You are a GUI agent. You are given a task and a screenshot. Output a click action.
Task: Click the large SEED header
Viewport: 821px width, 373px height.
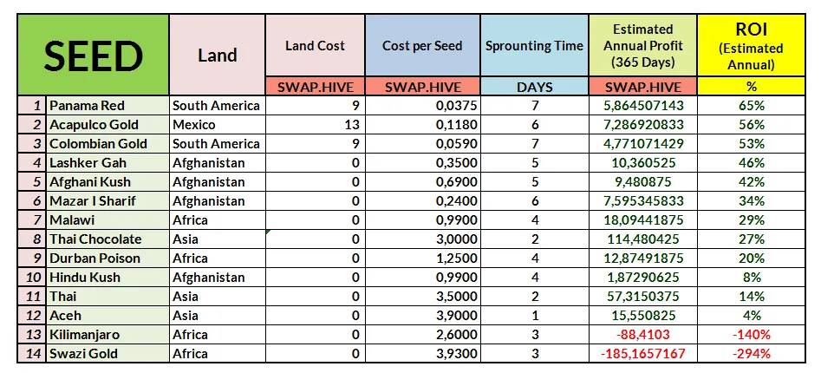[93, 56]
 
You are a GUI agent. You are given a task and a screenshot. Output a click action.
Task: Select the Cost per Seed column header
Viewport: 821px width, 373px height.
[422, 46]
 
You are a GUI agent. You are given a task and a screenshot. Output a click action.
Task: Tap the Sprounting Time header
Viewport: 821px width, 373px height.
[534, 46]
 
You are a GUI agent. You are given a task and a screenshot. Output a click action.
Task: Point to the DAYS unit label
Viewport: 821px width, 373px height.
[534, 87]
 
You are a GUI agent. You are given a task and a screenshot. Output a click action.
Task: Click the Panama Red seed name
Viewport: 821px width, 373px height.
[87, 106]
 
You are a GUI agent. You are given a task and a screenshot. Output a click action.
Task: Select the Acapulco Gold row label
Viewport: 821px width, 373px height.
[94, 125]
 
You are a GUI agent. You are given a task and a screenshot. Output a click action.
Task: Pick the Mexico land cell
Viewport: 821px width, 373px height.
[194, 125]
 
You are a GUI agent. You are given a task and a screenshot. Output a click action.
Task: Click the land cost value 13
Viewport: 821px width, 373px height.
[352, 125]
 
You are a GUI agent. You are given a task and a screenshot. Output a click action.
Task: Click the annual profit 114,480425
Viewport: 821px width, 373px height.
[642, 239]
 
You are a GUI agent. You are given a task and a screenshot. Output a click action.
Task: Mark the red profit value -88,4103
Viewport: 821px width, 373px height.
[642, 335]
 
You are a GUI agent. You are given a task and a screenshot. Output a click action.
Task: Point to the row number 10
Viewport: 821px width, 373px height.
[31, 278]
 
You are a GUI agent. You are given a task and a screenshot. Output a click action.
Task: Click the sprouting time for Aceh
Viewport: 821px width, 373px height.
[534, 316]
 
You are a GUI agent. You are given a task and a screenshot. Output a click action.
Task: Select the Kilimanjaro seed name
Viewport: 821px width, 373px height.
[86, 335]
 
